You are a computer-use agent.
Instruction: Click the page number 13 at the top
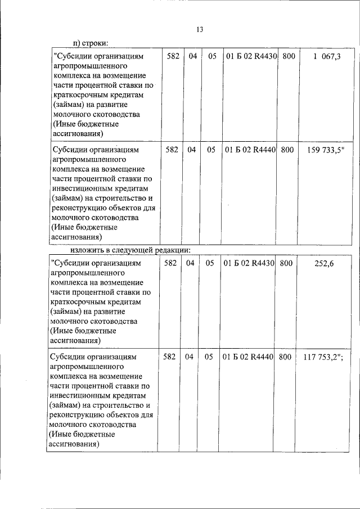point(199,29)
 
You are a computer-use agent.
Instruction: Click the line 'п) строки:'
point(91,43)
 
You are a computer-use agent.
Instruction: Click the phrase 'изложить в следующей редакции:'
point(130,249)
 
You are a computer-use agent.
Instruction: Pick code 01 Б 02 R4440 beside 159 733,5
point(249,150)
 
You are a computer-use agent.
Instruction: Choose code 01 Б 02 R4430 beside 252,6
point(248,263)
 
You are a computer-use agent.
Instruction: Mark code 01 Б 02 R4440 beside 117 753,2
point(247,357)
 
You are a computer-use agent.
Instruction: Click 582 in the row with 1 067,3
point(173,57)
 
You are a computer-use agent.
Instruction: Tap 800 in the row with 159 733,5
point(287,150)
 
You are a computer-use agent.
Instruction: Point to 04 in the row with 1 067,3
point(193,57)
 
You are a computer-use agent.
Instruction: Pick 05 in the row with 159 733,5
point(211,150)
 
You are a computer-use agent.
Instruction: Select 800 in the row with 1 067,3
point(288,57)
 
